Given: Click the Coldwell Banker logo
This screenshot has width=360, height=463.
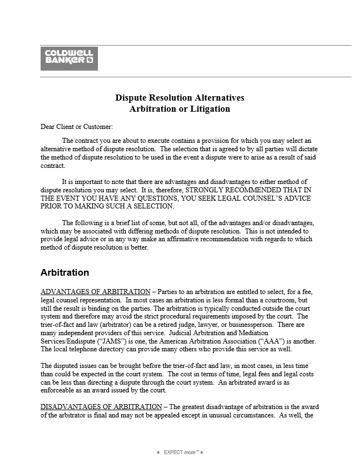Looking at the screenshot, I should point(69,58).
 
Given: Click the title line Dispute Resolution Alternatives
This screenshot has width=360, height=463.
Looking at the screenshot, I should point(180,98).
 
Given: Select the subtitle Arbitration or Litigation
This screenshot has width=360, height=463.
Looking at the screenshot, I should point(180,109).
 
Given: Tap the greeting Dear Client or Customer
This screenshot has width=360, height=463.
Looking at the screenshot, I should point(77,127).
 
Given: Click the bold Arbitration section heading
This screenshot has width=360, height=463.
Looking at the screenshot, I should point(65,273).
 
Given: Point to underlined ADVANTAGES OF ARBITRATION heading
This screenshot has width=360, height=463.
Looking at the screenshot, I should point(96,292).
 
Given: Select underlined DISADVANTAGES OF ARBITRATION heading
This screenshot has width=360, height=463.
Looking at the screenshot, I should point(101,406).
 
